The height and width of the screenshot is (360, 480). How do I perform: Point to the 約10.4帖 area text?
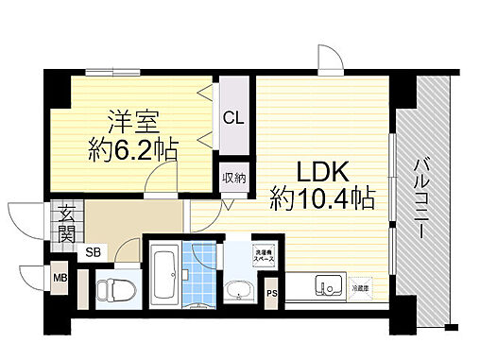pyautogui.click(x=321, y=198)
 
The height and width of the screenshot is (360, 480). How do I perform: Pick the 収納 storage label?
pyautogui.click(x=233, y=177)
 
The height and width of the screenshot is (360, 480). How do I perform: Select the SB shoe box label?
pyautogui.click(x=93, y=251)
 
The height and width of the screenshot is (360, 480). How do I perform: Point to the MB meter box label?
pyautogui.click(x=60, y=278)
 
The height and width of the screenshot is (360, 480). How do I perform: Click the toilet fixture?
pyautogui.click(x=111, y=289)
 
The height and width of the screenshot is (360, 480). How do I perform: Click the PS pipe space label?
pyautogui.click(x=272, y=293)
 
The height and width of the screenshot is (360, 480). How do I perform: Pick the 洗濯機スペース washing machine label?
pyautogui.click(x=263, y=255)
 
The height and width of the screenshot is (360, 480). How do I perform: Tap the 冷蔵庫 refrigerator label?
pyautogui.click(x=363, y=285)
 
